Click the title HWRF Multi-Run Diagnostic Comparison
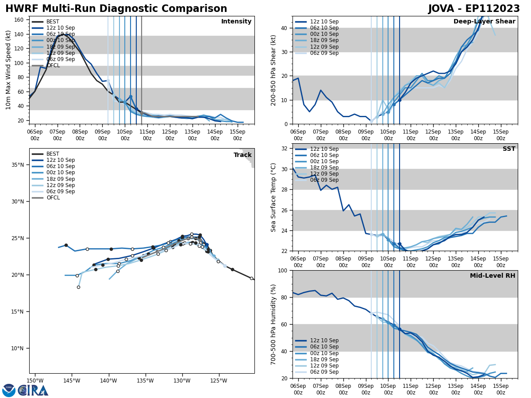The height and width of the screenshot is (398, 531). (x=116, y=9)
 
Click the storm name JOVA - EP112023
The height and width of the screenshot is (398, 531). (x=474, y=9)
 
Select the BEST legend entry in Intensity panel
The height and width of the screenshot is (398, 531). (x=53, y=22)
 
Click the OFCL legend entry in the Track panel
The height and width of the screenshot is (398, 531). (x=53, y=198)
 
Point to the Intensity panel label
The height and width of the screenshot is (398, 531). (x=236, y=22)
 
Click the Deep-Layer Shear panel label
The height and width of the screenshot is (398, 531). (x=484, y=22)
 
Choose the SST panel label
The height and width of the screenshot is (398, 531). (x=509, y=149)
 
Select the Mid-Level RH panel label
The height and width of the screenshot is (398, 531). (x=493, y=276)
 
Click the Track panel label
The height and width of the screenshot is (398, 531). (x=242, y=155)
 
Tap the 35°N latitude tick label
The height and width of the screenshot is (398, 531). (x=17, y=165)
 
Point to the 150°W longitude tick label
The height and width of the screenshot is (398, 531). (x=35, y=381)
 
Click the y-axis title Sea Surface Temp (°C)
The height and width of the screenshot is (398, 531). (x=274, y=197)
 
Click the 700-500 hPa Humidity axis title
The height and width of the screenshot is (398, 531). (x=274, y=324)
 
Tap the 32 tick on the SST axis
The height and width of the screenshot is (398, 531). (x=284, y=149)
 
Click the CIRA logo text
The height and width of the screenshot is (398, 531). (x=33, y=390)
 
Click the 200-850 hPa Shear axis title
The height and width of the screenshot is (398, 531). (x=274, y=70)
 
